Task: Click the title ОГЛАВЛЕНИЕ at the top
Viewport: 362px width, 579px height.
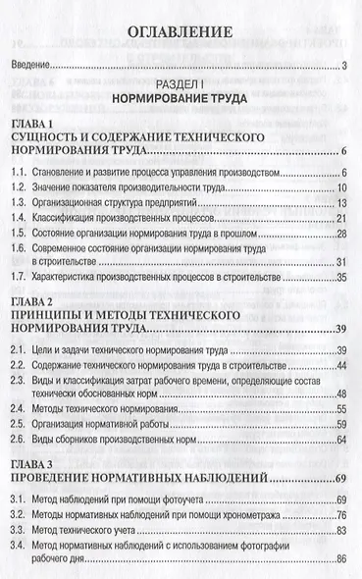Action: [x=180, y=32]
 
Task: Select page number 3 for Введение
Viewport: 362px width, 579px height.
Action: [x=345, y=66]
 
